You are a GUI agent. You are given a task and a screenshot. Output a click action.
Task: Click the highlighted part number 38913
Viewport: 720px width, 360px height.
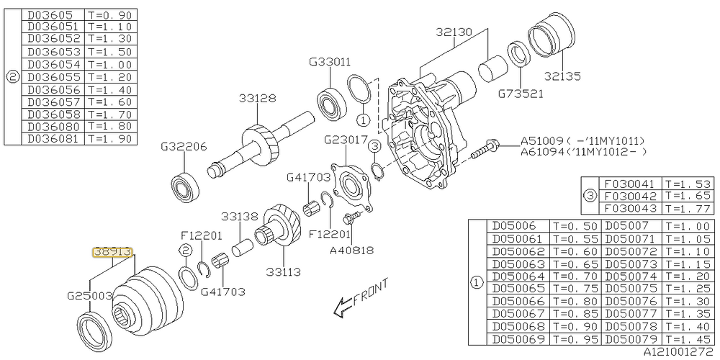112,252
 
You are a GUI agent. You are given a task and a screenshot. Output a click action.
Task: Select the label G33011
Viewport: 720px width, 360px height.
330,61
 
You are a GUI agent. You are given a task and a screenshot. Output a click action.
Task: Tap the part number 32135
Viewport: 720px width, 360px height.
563,76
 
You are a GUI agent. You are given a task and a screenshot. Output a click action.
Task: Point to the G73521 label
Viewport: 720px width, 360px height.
521,94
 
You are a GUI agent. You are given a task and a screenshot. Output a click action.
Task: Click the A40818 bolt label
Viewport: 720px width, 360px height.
352,251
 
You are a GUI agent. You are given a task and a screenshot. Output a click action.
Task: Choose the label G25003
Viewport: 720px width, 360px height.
90,296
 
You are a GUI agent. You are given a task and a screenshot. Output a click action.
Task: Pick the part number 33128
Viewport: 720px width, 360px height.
257,98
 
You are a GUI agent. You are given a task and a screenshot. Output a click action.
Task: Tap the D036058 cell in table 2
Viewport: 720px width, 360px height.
53,114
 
